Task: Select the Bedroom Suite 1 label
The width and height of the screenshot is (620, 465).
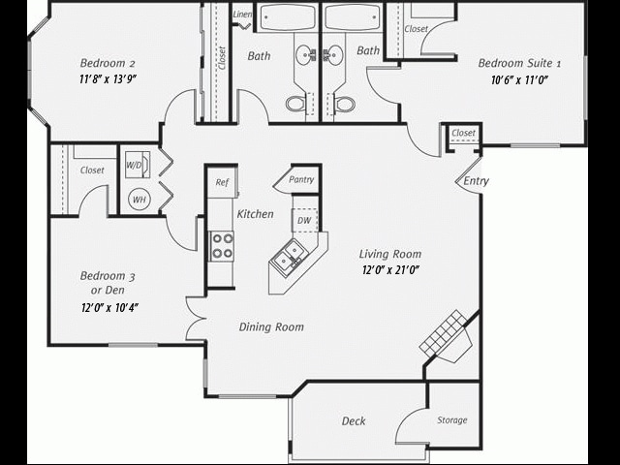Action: (520, 64)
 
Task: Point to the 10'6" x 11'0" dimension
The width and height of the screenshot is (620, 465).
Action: (520, 80)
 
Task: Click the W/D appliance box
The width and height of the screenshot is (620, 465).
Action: (135, 166)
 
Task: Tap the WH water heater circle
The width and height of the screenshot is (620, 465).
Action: (139, 200)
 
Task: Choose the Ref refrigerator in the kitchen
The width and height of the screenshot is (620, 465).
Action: (222, 182)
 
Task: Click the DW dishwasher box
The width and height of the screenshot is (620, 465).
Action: (304, 220)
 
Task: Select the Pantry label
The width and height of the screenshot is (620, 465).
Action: (301, 180)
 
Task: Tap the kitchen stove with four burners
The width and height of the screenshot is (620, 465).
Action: (222, 246)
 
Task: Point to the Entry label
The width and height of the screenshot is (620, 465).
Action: (476, 181)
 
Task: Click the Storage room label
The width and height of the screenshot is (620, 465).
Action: (451, 419)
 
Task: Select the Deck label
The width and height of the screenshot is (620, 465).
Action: (354, 421)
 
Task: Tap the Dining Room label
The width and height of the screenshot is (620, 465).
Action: (271, 327)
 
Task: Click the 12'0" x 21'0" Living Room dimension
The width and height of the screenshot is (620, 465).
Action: (390, 270)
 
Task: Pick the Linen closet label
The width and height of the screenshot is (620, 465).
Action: (242, 15)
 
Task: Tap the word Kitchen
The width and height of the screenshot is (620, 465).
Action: (255, 214)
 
